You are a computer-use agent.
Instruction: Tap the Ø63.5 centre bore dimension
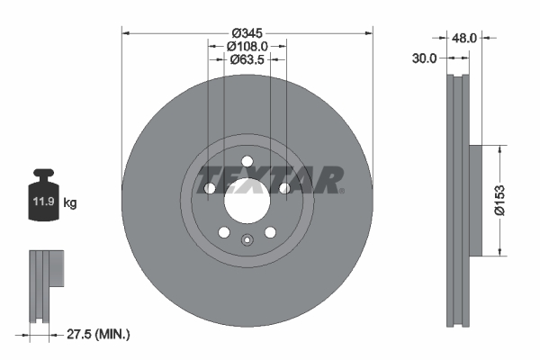coord(247,60)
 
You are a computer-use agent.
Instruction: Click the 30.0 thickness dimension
coord(424,58)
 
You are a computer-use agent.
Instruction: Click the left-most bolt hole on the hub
coord(208,189)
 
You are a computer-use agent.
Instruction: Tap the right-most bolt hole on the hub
coord(285,189)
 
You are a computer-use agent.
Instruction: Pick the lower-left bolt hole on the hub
coord(223,233)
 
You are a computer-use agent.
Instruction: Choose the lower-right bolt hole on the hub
coord(270,233)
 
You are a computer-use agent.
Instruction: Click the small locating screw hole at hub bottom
coord(247,239)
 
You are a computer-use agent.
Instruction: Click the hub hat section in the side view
coord(476,201)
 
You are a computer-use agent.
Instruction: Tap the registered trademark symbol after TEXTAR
coord(341,190)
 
